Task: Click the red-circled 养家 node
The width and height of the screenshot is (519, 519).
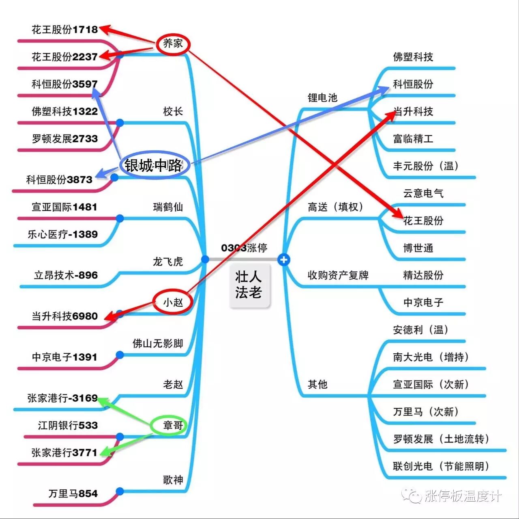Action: coord(173,43)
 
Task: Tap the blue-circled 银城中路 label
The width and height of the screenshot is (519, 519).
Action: coord(154,165)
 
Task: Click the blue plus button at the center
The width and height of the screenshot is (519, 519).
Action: coord(284,259)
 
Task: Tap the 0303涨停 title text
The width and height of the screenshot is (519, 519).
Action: coord(244,248)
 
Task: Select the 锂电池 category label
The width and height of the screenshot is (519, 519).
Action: coord(322,97)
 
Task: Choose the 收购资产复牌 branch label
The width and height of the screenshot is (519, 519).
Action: coord(338,275)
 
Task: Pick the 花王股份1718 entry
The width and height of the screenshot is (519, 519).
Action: coord(65,29)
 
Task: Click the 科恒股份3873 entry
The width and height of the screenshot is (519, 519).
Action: coord(59,179)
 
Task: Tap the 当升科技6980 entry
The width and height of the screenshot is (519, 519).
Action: coord(65,316)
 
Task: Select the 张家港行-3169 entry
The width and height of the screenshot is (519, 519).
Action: coord(62,398)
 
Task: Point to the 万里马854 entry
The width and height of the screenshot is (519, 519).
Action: coord(73,493)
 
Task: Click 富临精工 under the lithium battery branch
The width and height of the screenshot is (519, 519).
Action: coord(413,139)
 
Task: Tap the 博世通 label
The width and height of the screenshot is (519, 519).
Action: coord(418,248)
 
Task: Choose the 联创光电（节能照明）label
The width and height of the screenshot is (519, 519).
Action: coord(441,466)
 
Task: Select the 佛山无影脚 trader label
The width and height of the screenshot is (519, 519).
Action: coord(158,344)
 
